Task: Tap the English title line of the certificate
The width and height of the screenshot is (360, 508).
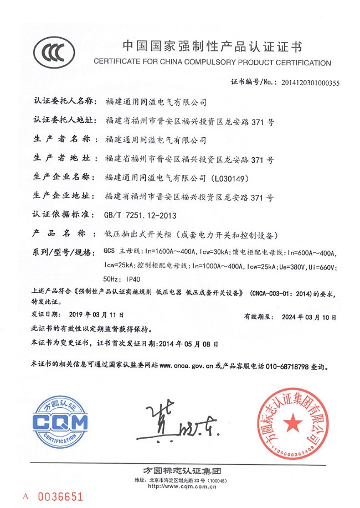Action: [x=213, y=63]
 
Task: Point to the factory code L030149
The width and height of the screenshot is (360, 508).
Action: [x=232, y=178]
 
